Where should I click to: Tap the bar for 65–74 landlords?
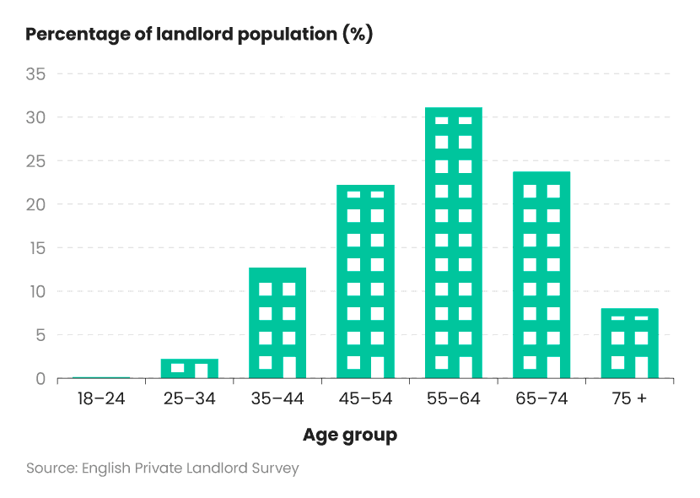541,275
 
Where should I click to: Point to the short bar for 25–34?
190,368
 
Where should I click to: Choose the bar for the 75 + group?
629,344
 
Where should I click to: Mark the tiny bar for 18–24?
101,377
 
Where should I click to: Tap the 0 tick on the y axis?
40,379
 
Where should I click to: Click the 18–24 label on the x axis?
101,398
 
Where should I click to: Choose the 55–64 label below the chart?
453,398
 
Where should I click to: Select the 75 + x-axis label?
629,398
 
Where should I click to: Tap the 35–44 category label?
277,398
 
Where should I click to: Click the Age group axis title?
350,436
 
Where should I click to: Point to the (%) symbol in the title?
358,35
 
